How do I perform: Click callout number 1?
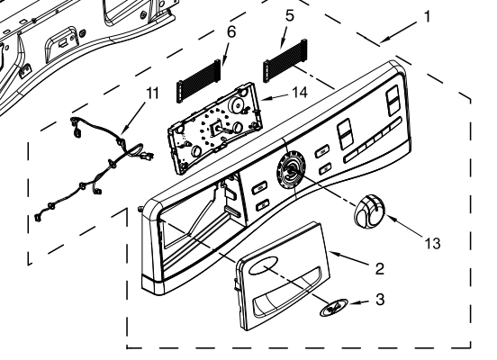[428, 15]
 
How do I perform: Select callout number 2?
[380, 267]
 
